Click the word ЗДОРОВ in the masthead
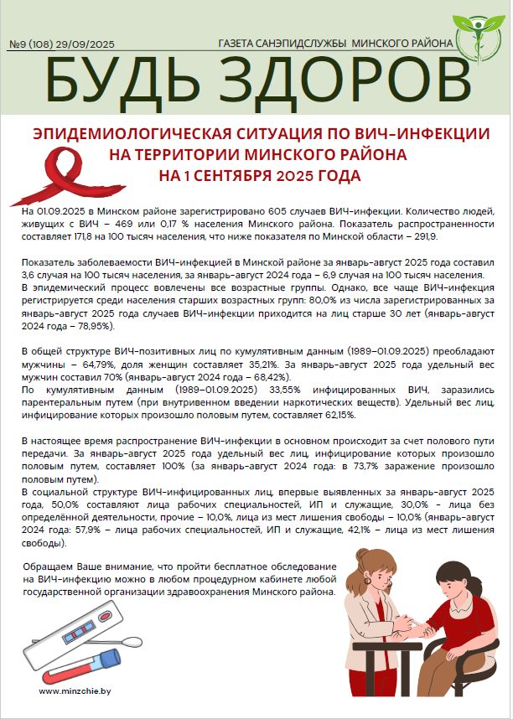coord(338,80)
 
